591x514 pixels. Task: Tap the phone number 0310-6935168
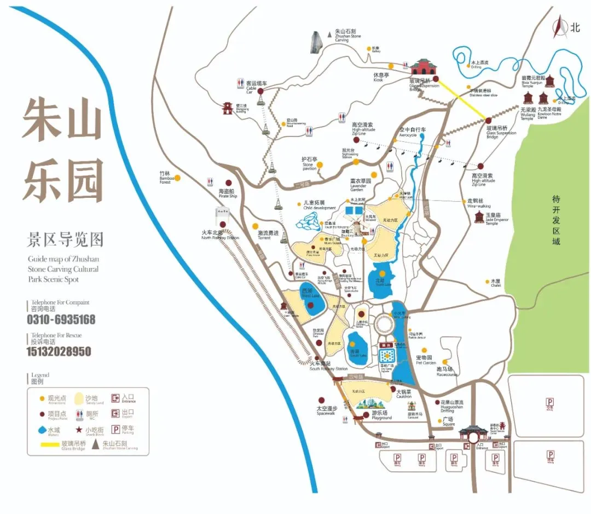61,319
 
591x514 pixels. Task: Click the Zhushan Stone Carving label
349,36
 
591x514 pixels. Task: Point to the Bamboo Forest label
166,177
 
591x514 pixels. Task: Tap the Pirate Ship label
227,193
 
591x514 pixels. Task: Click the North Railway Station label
220,235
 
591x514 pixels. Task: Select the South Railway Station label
328,366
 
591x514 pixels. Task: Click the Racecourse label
447,372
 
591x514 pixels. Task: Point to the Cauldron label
403,394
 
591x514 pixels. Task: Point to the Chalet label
496,283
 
